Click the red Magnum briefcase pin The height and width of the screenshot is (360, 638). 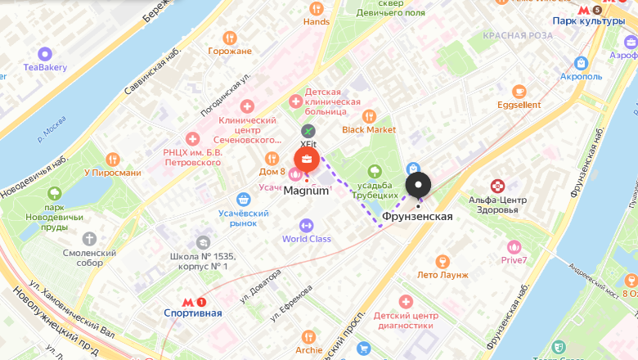[x=307, y=159]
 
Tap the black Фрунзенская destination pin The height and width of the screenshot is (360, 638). [x=418, y=185]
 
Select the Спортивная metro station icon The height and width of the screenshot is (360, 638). [x=192, y=301]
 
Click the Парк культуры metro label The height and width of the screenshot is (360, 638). [x=588, y=20]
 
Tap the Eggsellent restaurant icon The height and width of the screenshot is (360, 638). [x=519, y=91]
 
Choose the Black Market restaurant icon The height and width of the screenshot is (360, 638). [x=369, y=115]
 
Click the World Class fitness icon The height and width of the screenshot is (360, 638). [x=307, y=224]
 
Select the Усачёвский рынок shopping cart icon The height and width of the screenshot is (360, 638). [x=243, y=199]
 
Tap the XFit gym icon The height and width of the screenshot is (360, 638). [x=308, y=131]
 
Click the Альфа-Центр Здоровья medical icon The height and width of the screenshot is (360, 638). [x=497, y=186]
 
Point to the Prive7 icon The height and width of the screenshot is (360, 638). [x=514, y=246]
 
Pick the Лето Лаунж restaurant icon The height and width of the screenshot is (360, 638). [x=443, y=261]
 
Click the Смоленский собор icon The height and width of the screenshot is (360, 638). [x=89, y=239]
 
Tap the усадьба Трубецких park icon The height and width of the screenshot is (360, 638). [x=375, y=172]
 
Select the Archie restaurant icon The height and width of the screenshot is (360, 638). [x=308, y=336]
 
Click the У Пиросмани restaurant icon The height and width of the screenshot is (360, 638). [x=113, y=159]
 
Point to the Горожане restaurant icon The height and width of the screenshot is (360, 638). [x=229, y=38]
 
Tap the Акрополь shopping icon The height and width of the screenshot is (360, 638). [x=581, y=62]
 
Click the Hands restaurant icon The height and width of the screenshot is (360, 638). [x=317, y=8]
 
